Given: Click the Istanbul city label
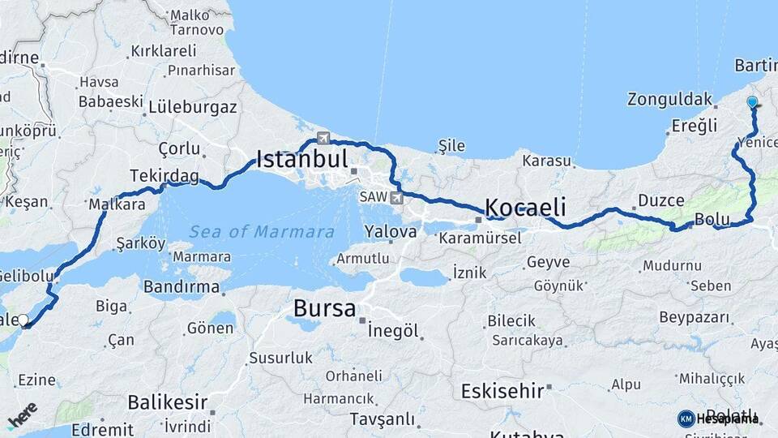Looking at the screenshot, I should [302, 158].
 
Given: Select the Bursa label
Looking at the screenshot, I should [324, 308].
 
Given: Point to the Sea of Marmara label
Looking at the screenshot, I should [262, 232].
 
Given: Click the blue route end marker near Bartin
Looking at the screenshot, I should [753, 103].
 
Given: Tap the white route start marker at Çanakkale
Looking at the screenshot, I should [24, 321].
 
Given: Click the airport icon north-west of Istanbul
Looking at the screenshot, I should [323, 138].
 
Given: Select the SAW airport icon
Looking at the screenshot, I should [396, 197].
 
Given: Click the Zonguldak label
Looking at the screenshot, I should [669, 100].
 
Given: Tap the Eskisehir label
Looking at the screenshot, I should [502, 391].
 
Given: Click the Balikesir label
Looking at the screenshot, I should [168, 401].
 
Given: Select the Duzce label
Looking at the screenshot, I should [661, 200].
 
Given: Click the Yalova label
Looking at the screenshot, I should [391, 231].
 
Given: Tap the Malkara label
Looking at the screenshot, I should [117, 204].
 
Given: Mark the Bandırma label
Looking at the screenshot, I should [182, 286].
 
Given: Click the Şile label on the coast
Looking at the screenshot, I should [452, 146].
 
